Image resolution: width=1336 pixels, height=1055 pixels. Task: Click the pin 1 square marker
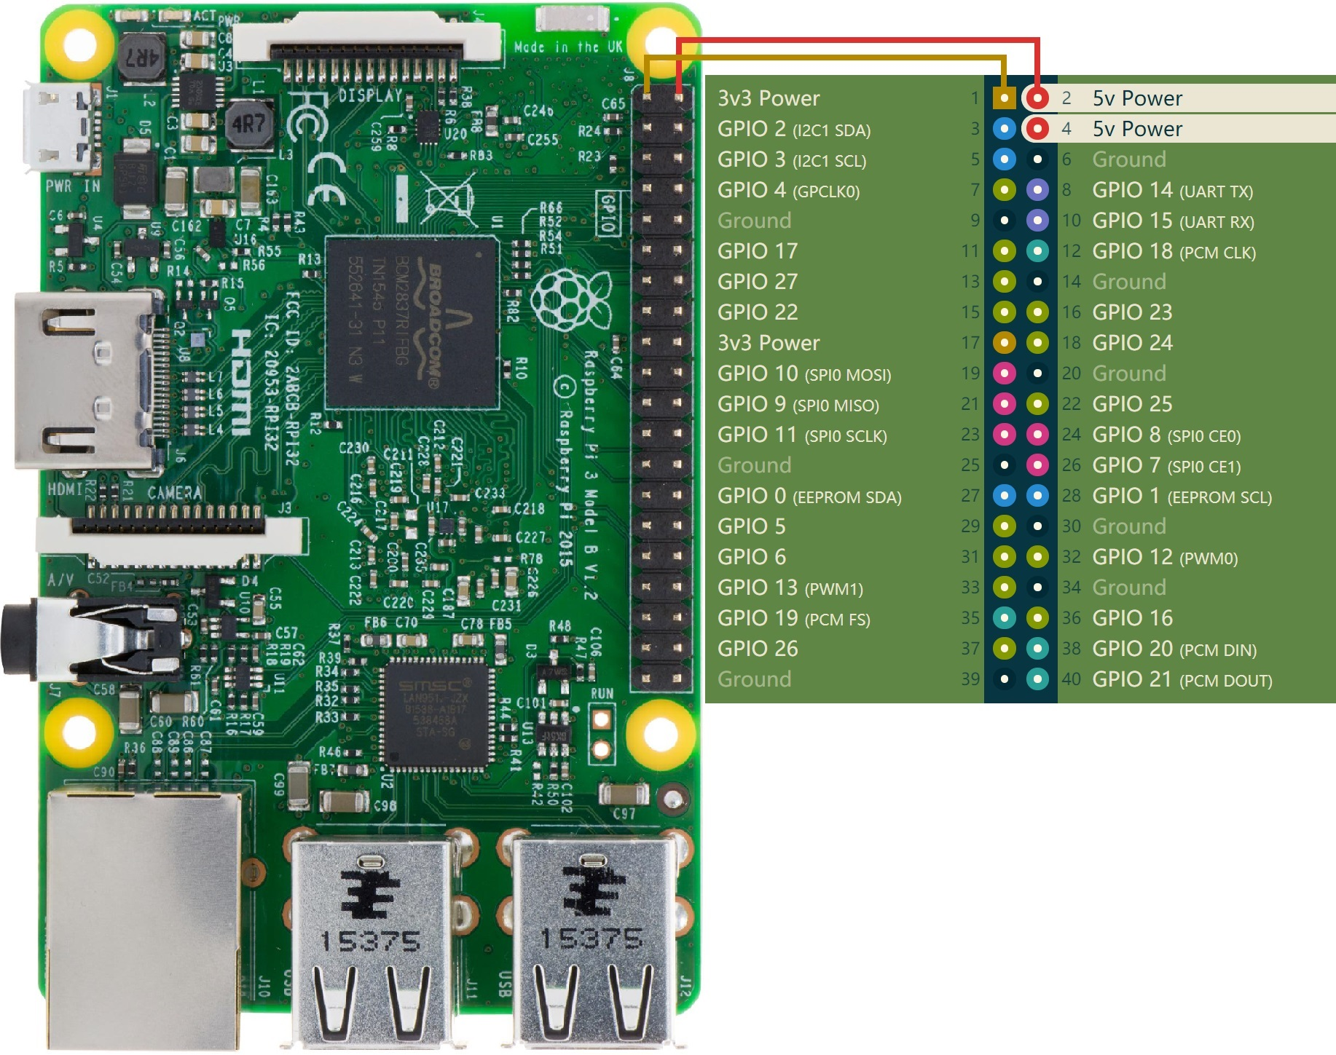coord(1004,98)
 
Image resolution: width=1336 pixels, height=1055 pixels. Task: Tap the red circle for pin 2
coord(1037,98)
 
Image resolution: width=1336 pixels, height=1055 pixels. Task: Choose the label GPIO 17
coord(757,251)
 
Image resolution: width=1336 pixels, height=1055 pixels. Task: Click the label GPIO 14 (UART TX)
coord(1172,190)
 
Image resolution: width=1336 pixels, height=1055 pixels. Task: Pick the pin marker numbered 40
coord(1037,679)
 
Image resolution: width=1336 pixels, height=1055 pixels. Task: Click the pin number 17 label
coord(970,343)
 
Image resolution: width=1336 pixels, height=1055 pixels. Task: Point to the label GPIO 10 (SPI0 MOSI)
coord(803,374)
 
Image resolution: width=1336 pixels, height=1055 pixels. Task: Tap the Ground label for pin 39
coord(754,679)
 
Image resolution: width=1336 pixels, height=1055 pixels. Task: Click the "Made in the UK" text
coord(568,47)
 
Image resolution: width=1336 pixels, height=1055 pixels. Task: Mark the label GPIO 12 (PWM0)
coord(1164,557)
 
